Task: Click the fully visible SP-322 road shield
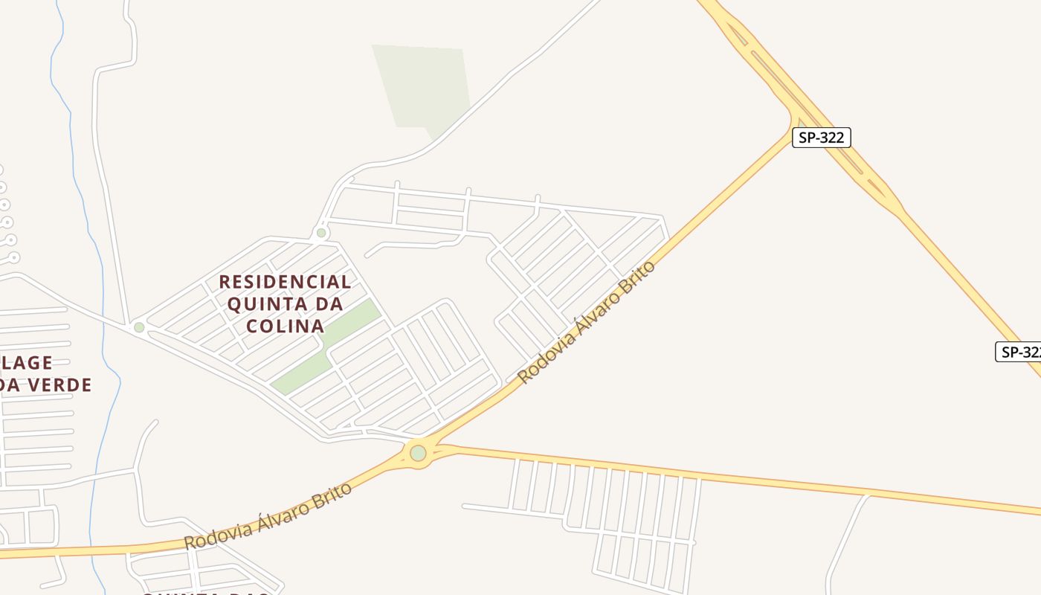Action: tap(821, 138)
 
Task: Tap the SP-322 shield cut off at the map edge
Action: tap(1019, 352)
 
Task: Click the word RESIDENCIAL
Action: tap(285, 282)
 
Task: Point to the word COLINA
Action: tap(286, 326)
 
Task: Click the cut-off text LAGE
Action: tap(27, 363)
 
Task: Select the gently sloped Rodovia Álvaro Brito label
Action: tap(268, 515)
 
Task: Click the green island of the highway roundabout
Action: tap(419, 453)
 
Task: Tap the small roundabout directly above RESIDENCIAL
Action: tap(321, 233)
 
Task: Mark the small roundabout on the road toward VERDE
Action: tap(139, 327)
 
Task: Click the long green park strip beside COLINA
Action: tap(327, 347)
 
